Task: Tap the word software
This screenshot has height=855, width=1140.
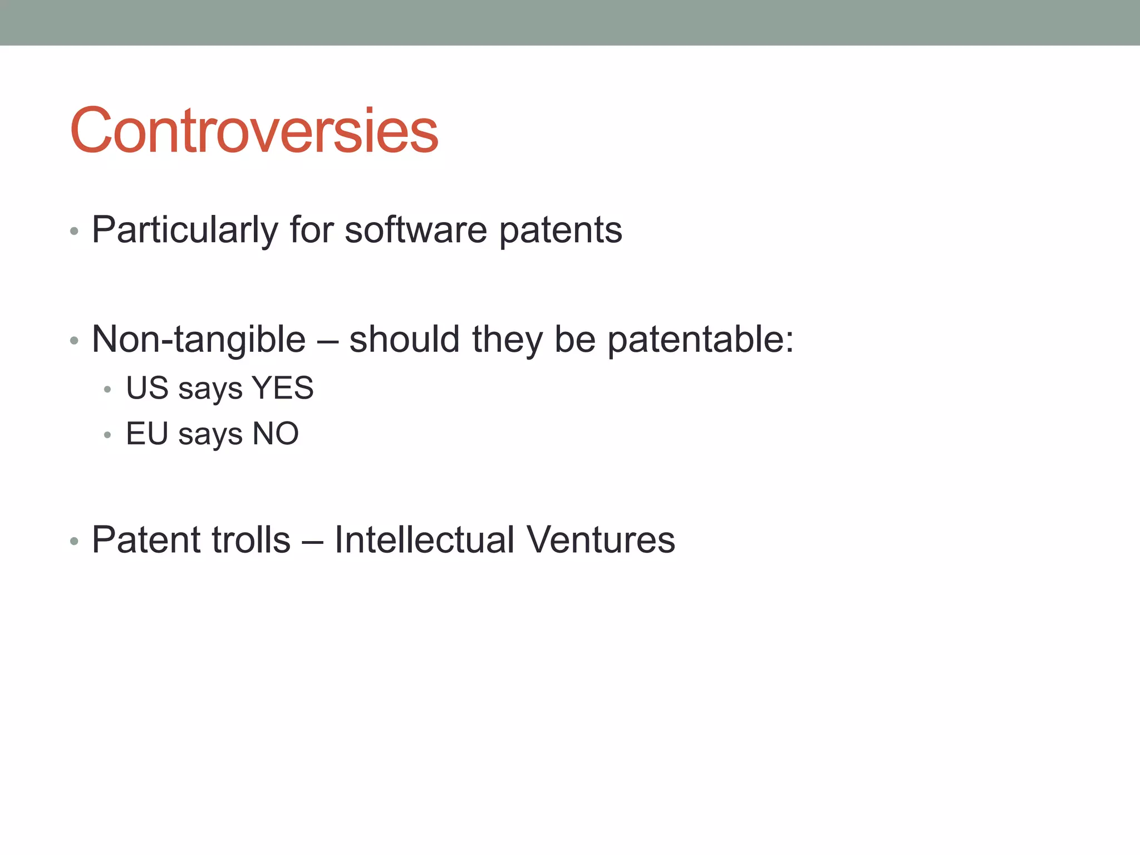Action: pos(415,229)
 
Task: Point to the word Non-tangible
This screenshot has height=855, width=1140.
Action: pos(199,339)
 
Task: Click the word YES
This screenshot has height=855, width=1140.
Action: pos(283,387)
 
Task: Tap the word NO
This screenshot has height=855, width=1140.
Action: pos(276,433)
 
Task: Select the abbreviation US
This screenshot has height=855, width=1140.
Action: pos(147,387)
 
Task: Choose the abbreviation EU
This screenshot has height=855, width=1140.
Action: pos(147,433)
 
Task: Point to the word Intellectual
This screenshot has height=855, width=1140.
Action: pos(424,539)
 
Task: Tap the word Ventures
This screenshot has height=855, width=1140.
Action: pos(601,539)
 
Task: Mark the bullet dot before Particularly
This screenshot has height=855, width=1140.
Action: pos(74,231)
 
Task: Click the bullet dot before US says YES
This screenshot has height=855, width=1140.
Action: pos(107,390)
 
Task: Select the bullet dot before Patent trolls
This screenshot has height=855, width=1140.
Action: pos(74,541)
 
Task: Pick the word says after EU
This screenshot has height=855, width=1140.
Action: pos(210,434)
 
